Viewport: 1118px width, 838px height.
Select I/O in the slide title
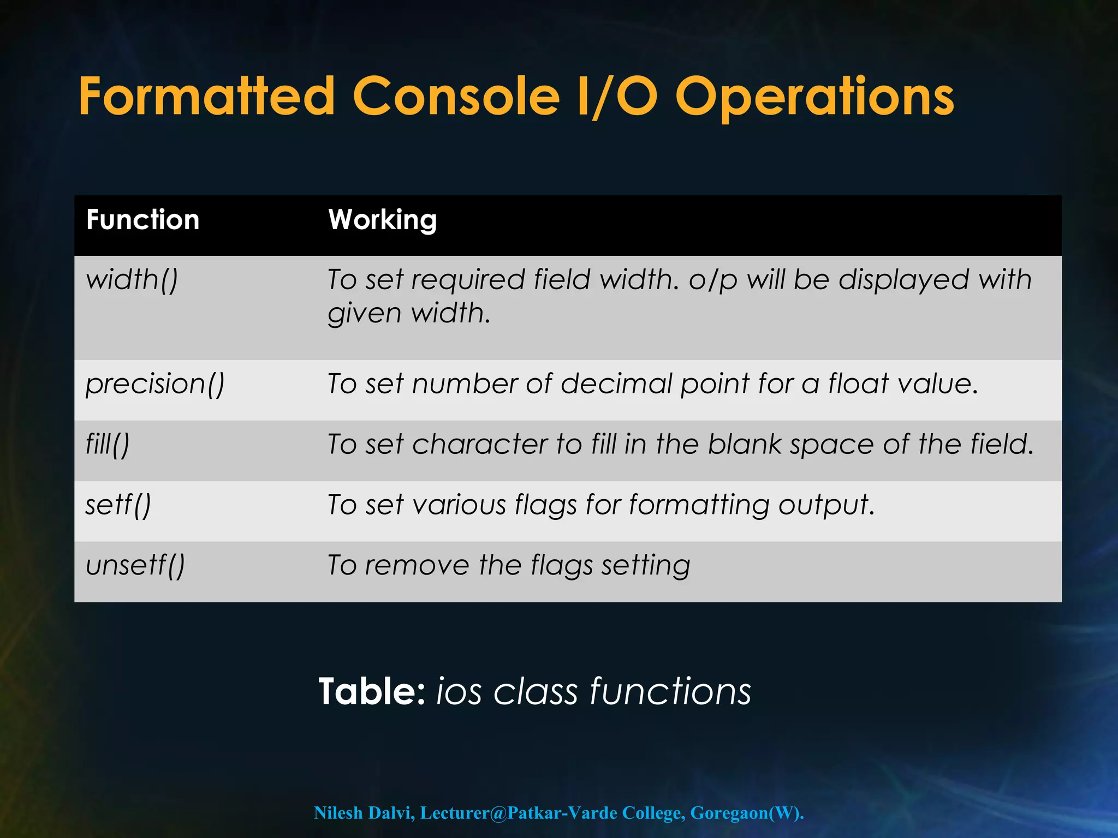click(x=617, y=97)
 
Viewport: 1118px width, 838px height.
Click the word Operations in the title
click(x=814, y=97)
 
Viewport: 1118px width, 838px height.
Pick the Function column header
click(x=143, y=220)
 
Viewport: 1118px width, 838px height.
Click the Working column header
click(x=382, y=220)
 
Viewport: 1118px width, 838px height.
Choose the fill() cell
click(x=108, y=444)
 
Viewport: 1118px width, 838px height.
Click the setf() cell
click(x=118, y=505)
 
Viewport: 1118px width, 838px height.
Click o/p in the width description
click(x=713, y=280)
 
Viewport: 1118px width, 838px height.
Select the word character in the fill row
click(x=480, y=444)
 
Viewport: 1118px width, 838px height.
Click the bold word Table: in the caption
click(x=372, y=692)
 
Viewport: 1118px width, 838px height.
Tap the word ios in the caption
click(x=459, y=692)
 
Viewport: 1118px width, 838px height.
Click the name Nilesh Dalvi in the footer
click(x=364, y=813)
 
